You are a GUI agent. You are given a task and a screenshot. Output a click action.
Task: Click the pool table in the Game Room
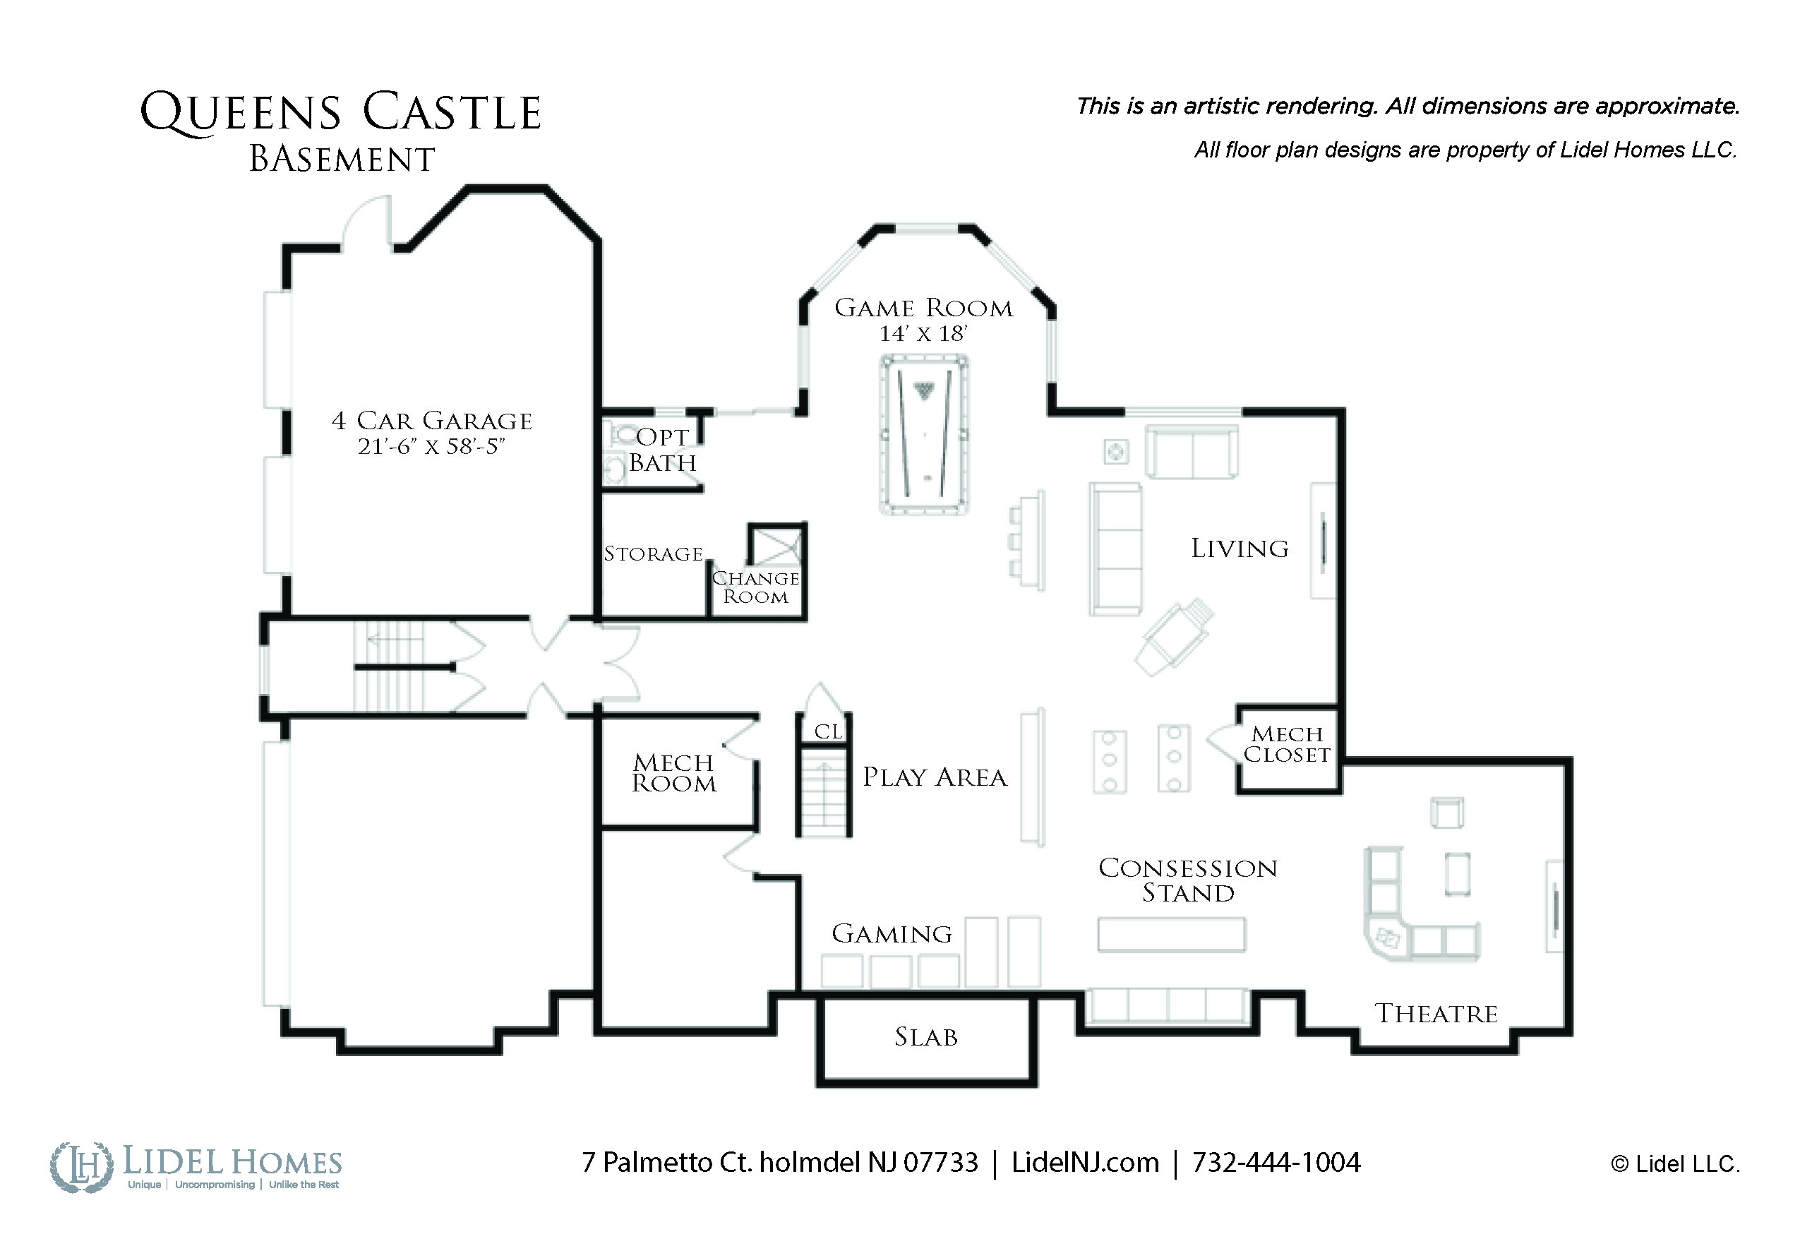click(x=924, y=434)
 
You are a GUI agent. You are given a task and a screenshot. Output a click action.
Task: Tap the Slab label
click(x=926, y=1037)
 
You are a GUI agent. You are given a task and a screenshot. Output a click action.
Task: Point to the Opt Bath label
click(x=662, y=450)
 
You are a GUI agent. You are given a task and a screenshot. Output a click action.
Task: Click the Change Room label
click(x=756, y=587)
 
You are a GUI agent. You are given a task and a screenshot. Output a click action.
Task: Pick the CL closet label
click(x=828, y=731)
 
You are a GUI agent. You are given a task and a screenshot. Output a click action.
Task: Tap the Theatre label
click(x=1436, y=1014)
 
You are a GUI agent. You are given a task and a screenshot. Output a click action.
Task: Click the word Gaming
click(x=892, y=933)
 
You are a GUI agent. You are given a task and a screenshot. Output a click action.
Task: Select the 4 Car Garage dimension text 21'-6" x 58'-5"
click(x=431, y=447)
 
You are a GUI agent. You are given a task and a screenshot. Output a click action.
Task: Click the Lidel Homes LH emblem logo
click(x=81, y=1167)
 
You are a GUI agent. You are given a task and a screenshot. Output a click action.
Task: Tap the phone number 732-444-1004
click(x=1276, y=1162)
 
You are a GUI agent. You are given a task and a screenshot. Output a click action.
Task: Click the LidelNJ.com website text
click(x=1085, y=1162)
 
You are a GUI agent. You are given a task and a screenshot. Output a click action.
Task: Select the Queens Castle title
click(x=340, y=112)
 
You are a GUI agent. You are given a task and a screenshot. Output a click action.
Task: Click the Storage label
click(x=654, y=553)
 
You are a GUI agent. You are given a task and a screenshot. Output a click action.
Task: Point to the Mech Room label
click(x=673, y=773)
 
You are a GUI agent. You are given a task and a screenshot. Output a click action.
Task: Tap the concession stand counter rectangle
click(x=1171, y=935)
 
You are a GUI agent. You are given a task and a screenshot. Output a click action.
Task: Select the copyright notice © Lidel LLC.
click(x=1675, y=1164)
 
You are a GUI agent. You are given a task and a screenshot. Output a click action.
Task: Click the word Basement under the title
click(x=342, y=160)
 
